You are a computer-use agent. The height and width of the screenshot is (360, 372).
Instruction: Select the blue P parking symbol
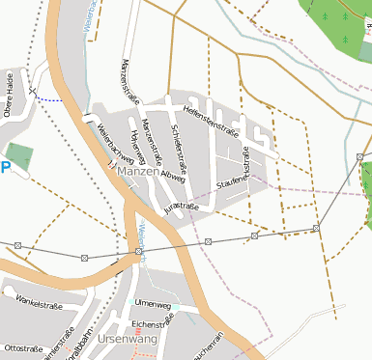click(5, 167)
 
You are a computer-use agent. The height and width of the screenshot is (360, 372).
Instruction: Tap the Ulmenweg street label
click(154, 305)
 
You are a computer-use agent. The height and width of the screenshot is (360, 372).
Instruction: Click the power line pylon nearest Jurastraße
click(208, 240)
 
